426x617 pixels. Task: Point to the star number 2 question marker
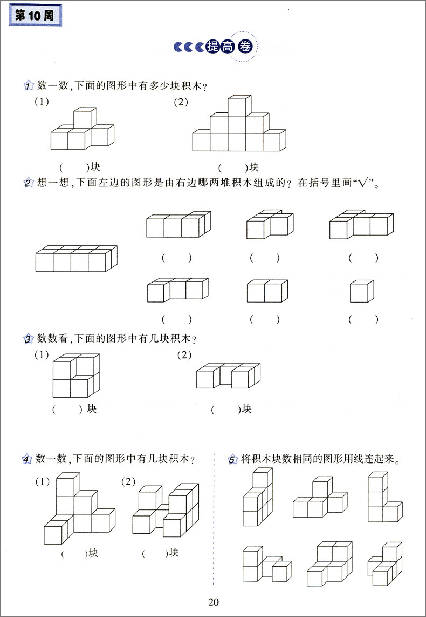pos(29,184)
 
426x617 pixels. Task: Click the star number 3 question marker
pos(29,339)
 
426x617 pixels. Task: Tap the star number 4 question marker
pos(28,460)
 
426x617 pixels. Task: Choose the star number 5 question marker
pos(232,460)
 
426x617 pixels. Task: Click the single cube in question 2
pos(362,291)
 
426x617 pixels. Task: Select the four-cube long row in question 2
pos(76,259)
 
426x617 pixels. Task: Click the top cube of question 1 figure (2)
pos(239,106)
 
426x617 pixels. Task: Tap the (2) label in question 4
pos(129,480)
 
